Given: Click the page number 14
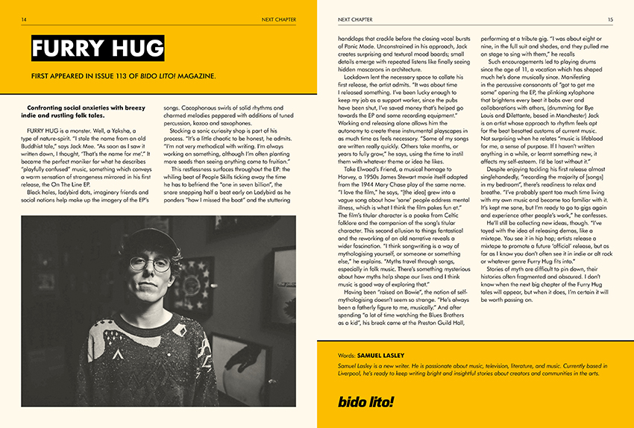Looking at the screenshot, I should tap(25, 18).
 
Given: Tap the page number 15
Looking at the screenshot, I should tap(610, 18).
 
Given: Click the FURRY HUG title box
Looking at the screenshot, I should tap(97, 49).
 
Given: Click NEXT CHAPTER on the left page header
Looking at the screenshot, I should tap(278, 18).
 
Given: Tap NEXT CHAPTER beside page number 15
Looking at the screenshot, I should tap(356, 18).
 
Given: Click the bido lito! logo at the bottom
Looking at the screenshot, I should tap(366, 403).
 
